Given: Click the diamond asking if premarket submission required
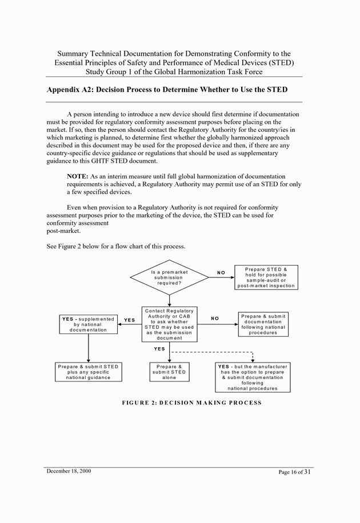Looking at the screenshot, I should click(x=170, y=277).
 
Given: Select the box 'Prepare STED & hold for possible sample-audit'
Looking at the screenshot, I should click(x=266, y=277).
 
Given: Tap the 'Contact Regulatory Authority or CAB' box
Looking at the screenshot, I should click(x=169, y=324).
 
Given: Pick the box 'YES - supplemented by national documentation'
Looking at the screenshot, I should click(x=88, y=324).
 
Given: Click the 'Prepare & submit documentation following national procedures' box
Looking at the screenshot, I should click(x=263, y=324).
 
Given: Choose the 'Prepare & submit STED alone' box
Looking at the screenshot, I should click(x=169, y=372).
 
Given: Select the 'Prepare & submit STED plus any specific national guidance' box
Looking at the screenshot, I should click(x=88, y=372).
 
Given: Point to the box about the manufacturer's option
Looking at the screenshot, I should click(x=252, y=377).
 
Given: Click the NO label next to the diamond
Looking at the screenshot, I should click(x=221, y=273).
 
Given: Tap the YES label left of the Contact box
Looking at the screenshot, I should click(x=130, y=320).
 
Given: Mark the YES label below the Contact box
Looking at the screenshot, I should click(x=159, y=349).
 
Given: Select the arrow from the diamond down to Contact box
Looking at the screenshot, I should click(x=170, y=300).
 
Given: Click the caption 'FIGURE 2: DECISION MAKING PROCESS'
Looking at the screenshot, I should click(x=191, y=403).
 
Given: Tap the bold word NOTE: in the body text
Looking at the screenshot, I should click(x=77, y=177).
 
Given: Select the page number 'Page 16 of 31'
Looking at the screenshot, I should click(x=295, y=472).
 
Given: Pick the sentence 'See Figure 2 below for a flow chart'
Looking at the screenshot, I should click(x=115, y=247).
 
